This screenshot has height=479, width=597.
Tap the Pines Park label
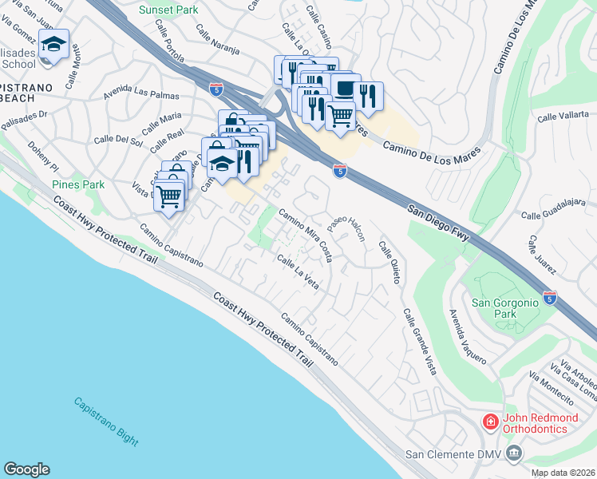pos(78,184)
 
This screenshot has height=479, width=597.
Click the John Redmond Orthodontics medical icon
pos(489,421)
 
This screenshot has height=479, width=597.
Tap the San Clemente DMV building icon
pos(513,454)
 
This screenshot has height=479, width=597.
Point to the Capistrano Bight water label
pos(106,422)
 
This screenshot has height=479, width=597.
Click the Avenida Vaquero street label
pos(467,336)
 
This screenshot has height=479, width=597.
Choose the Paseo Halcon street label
pos(346,234)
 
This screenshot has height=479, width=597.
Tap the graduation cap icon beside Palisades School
pos(53,43)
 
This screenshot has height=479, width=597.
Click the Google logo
pos(26,469)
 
